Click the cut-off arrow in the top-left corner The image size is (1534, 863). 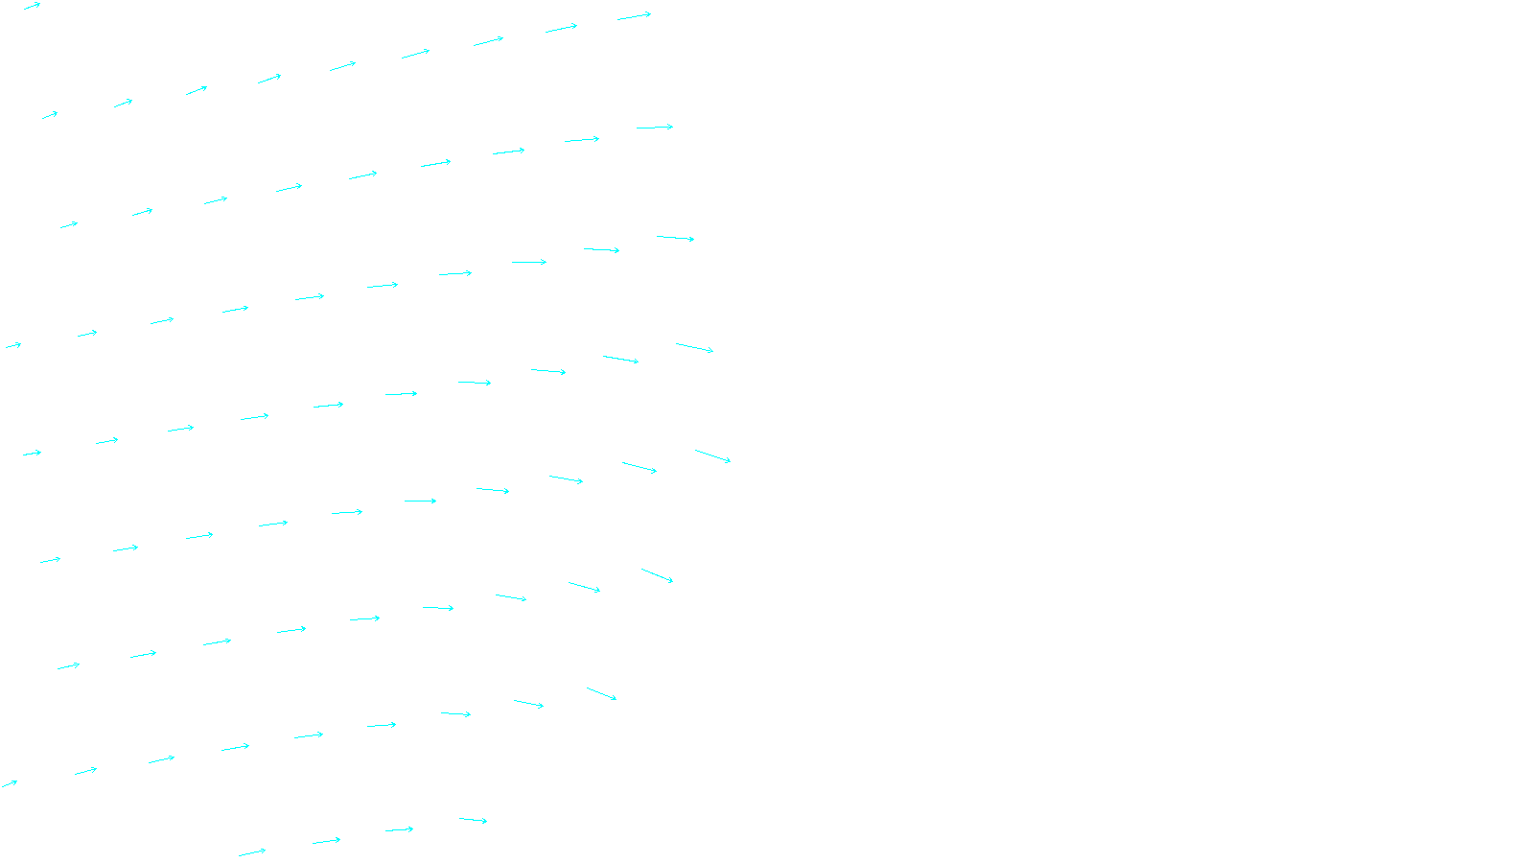[32, 6]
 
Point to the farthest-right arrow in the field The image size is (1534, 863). [712, 455]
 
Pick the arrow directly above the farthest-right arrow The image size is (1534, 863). [694, 347]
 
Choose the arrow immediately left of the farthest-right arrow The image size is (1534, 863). [639, 467]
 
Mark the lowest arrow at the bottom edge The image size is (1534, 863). [252, 851]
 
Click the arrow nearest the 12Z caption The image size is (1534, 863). [473, 820]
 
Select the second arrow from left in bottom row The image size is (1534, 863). [326, 841]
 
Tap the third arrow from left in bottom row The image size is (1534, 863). [399, 829]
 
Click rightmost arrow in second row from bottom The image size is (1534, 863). [601, 693]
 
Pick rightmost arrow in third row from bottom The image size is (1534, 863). [657, 575]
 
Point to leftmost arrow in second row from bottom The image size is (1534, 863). [9, 784]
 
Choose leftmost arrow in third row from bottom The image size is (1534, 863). [68, 665]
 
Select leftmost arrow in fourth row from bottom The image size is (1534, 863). [50, 560]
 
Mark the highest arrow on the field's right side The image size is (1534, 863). [634, 16]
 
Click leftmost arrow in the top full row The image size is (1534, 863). [50, 115]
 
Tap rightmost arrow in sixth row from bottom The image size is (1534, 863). [675, 238]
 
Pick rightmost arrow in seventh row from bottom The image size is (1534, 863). [655, 127]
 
